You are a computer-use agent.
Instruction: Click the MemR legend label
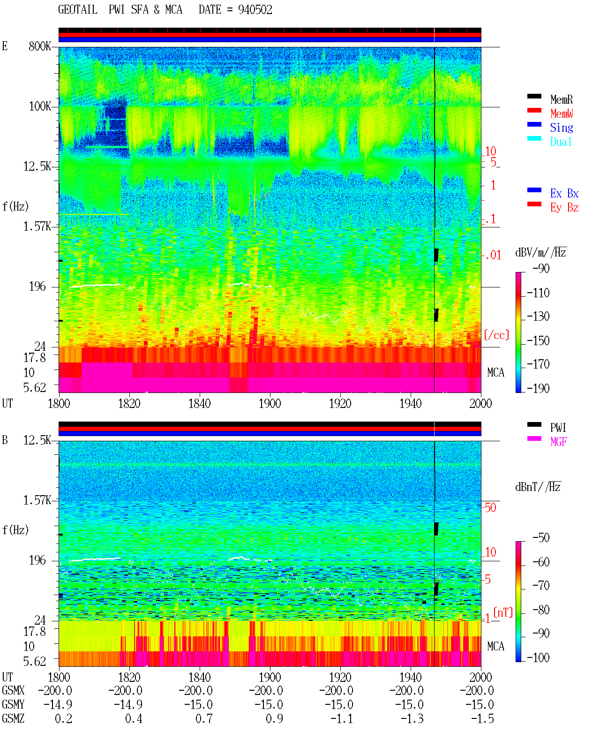click(x=561, y=99)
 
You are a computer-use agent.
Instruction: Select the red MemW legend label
click(x=562, y=113)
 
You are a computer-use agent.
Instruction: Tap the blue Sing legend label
click(x=561, y=128)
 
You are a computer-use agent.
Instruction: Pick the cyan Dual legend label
click(x=561, y=142)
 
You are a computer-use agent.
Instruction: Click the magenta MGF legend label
click(x=558, y=442)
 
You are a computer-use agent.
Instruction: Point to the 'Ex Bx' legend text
click(x=564, y=193)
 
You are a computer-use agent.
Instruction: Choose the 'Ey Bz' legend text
click(x=564, y=208)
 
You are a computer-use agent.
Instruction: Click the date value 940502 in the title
click(x=255, y=10)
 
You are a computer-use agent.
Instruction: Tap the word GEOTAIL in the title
click(x=78, y=10)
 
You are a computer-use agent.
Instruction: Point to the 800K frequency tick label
click(x=40, y=46)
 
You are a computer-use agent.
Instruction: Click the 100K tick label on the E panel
click(x=40, y=106)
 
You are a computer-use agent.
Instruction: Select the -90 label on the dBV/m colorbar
click(x=541, y=268)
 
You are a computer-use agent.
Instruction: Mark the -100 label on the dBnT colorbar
click(x=538, y=657)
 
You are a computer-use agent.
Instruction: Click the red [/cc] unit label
click(x=496, y=335)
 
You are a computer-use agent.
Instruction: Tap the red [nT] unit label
click(x=503, y=613)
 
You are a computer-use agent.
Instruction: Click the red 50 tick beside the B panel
click(x=490, y=508)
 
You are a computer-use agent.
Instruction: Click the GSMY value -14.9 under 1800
click(x=58, y=705)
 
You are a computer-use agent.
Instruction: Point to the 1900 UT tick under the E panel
click(x=270, y=404)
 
